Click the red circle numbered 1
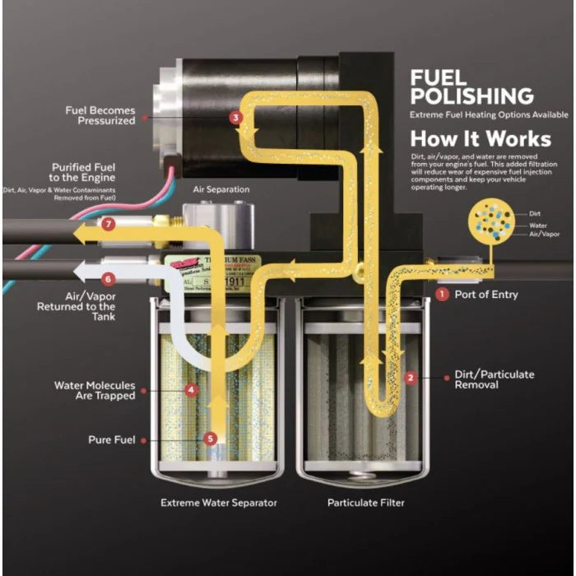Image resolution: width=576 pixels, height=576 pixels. [x=442, y=293]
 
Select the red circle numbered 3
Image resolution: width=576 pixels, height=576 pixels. [x=236, y=118]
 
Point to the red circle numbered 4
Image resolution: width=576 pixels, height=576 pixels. [x=191, y=389]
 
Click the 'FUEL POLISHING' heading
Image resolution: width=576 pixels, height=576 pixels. [x=471, y=87]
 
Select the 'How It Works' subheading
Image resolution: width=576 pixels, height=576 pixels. [x=470, y=138]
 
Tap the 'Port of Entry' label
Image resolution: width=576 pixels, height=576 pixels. [x=487, y=294]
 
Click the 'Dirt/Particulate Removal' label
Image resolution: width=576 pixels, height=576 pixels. [x=494, y=379]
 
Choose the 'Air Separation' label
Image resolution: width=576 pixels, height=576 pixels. [x=221, y=189]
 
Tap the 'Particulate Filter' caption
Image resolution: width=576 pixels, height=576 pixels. [x=365, y=502]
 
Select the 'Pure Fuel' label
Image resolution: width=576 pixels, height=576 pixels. [x=111, y=439]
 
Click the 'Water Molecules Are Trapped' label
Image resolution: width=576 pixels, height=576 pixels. [x=95, y=391]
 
